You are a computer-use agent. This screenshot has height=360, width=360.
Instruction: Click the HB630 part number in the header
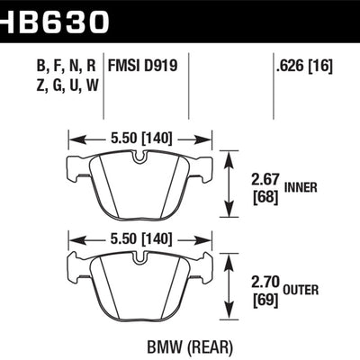coord(56,17)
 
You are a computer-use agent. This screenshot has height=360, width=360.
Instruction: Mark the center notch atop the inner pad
coord(139,157)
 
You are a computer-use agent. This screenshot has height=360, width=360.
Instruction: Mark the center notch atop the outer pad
coord(139,258)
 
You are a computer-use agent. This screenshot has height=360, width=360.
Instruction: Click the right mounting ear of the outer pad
coord(207,267)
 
